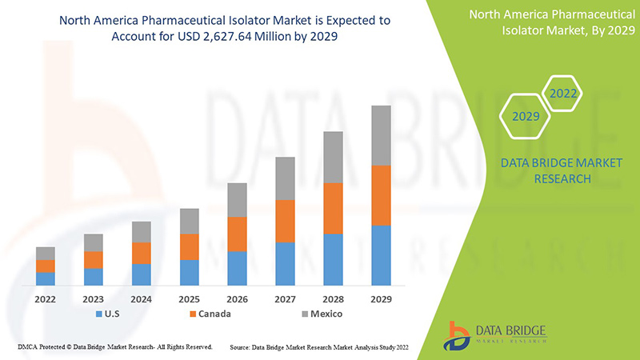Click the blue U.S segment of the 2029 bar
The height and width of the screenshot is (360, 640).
[x=381, y=255]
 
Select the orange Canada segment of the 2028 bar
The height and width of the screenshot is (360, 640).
[x=333, y=208]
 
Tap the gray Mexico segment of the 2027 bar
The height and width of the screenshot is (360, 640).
[x=285, y=178]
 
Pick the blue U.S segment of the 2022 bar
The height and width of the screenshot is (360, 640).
[x=46, y=278]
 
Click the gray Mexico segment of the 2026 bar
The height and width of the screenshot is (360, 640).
[x=237, y=200]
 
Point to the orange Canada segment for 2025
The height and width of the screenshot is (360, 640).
[x=189, y=246]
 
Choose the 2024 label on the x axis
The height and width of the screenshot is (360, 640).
[x=141, y=298]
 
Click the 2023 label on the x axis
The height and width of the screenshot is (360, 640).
[x=94, y=298]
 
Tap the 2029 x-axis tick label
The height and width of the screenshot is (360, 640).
[x=381, y=298]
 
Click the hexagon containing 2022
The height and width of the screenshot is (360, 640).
[x=562, y=94]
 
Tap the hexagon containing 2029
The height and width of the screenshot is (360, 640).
[x=526, y=117]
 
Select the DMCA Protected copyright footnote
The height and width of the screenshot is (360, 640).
[x=114, y=347]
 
